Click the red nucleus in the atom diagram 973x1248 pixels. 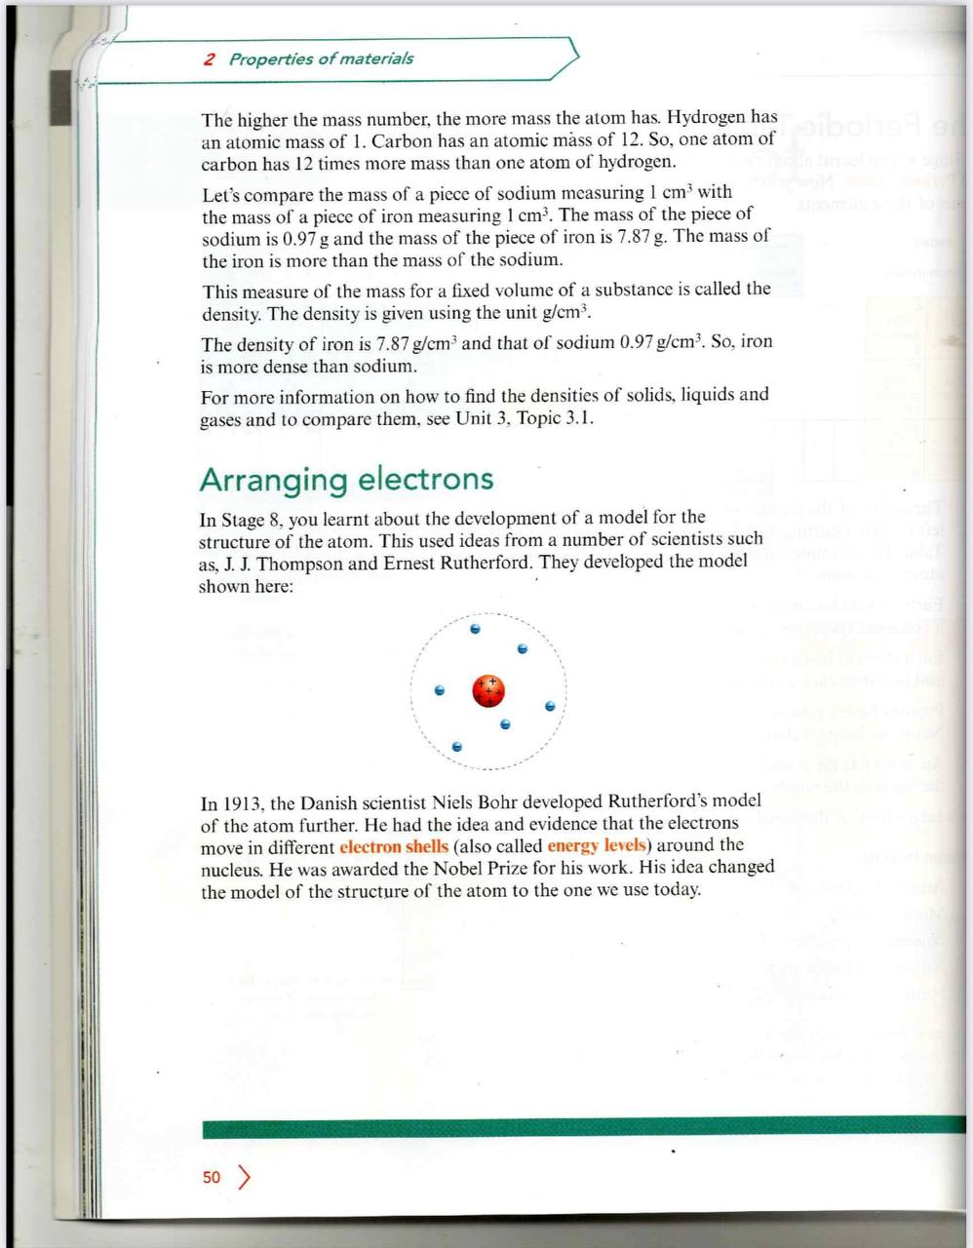tap(488, 690)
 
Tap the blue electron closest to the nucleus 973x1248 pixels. tap(504, 724)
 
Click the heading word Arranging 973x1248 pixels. tap(273, 480)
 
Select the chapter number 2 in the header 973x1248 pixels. tap(209, 58)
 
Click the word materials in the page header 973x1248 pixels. tap(377, 58)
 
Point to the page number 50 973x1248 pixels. tap(212, 1177)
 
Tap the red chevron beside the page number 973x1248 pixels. tap(244, 1177)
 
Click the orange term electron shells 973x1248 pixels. tap(394, 845)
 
